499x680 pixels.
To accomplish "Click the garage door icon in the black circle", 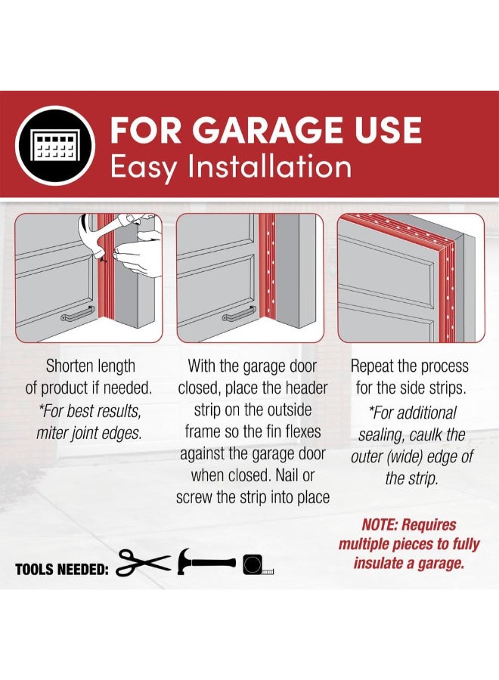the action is coord(55,145).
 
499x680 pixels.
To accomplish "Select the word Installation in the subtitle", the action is coord(269,167).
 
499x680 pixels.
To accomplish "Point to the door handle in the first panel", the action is coord(77,314).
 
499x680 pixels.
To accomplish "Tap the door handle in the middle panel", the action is coord(239,314).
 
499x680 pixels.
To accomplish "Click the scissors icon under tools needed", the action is coord(143,562).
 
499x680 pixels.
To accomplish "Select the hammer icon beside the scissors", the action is coord(206,561).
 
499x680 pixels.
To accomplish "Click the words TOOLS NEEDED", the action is coord(61,569).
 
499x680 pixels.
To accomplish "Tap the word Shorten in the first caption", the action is coord(67,366).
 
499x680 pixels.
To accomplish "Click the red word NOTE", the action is coord(380,525).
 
